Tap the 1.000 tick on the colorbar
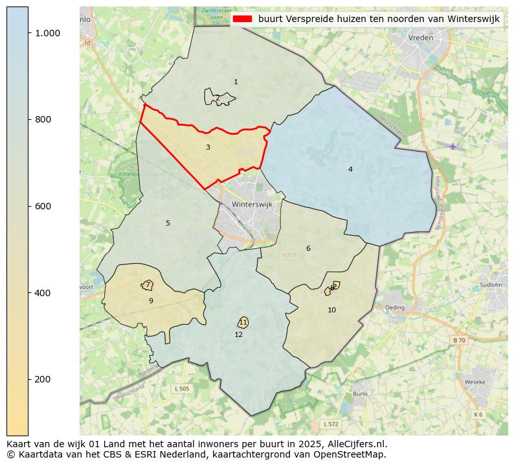[47, 33]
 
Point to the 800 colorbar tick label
[43, 120]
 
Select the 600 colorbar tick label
[43, 206]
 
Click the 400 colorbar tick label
[43, 293]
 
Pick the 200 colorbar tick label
[43, 379]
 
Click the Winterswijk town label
[252, 204]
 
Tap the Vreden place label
[421, 38]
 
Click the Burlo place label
[360, 393]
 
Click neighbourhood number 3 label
[208, 148]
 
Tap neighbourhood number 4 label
[350, 170]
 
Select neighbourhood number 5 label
[168, 224]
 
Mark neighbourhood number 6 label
[308, 249]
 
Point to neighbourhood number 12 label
[239, 335]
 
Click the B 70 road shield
[459, 340]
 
